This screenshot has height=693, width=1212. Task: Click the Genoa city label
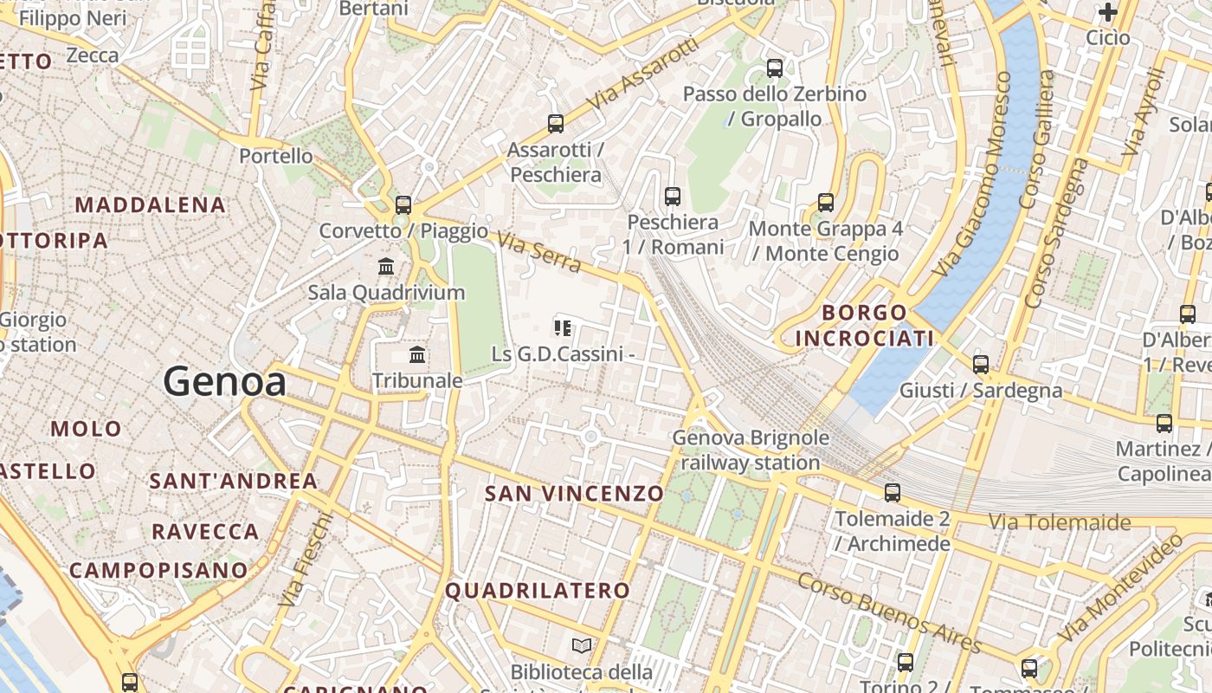tap(224, 381)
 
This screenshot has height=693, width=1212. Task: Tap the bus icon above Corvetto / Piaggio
tap(403, 205)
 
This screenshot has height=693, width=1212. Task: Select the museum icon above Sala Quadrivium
tap(386, 266)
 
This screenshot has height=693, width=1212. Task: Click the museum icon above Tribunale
tap(417, 354)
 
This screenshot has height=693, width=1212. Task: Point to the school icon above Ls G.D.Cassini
tap(563, 328)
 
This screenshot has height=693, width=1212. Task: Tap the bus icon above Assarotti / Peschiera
tap(556, 124)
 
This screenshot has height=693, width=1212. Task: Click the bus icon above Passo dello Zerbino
tap(775, 68)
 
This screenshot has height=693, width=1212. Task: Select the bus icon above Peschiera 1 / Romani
tap(673, 197)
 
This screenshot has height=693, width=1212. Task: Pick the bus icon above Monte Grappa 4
tap(826, 203)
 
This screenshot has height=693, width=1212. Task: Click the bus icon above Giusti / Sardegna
tap(981, 365)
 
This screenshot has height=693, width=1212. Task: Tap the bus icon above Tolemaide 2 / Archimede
tap(893, 493)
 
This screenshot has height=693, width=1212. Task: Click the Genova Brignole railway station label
tap(750, 450)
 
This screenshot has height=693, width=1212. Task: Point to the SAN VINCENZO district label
tap(574, 494)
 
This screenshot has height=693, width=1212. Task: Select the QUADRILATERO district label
tap(538, 591)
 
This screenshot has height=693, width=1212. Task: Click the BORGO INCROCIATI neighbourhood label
tap(864, 325)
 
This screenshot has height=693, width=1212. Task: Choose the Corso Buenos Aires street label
tap(889, 613)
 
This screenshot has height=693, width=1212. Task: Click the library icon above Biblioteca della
tap(582, 645)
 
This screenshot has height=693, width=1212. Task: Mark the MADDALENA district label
tap(151, 205)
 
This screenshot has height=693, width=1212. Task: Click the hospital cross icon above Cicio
tap(1107, 12)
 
